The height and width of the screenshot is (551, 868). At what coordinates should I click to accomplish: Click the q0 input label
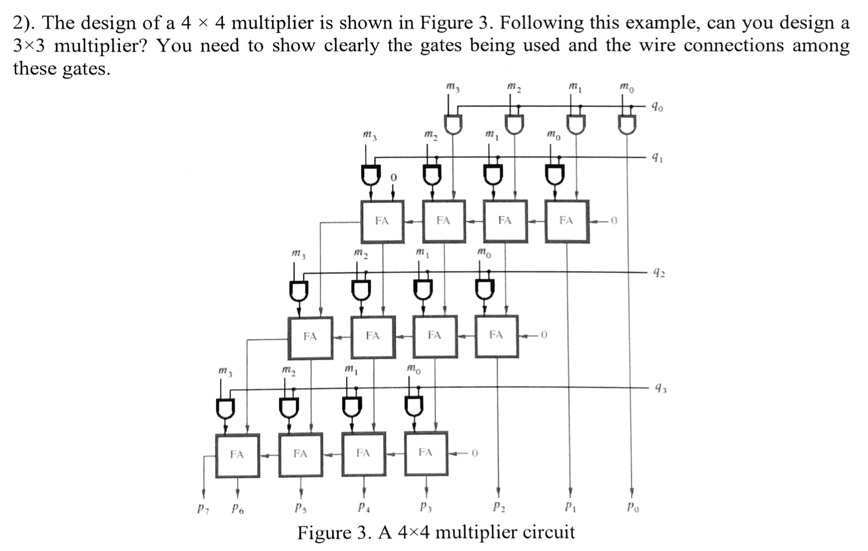tap(658, 107)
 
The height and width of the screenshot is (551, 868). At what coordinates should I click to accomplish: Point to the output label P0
tap(632, 508)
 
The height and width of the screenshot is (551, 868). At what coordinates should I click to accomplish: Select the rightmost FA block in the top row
tap(567, 221)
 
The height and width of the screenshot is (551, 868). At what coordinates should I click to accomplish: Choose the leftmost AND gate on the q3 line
tap(225, 408)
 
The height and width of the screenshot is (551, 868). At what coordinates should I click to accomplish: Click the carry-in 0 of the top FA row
tap(614, 221)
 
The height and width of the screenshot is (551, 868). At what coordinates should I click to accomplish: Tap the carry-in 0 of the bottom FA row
tap(475, 454)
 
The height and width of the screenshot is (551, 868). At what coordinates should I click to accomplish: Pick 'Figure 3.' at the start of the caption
tap(335, 533)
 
